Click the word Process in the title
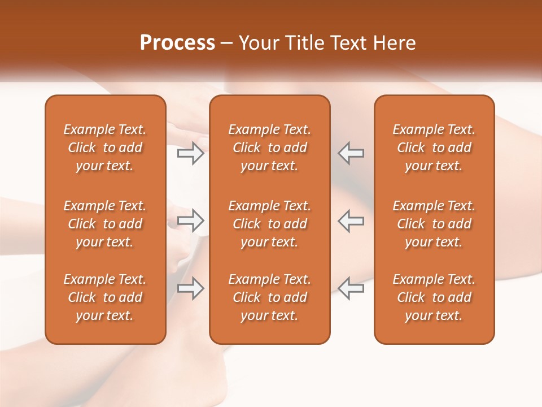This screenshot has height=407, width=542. point(177,43)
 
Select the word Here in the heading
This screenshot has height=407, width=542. point(394,43)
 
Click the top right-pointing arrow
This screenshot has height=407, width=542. point(191,153)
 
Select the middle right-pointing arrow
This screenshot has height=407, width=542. point(191,220)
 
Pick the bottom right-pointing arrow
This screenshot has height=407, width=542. point(191,288)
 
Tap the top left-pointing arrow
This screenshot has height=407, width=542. point(351,153)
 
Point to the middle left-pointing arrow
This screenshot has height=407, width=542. point(351,220)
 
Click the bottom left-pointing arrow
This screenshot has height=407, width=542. point(351,288)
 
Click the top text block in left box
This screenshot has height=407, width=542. point(105,148)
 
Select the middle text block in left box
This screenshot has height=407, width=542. point(105,224)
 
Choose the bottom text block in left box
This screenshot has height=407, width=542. point(105,297)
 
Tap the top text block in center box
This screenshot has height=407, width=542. point(270,148)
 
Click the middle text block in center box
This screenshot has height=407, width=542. point(270,224)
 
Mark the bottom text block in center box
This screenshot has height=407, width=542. point(270,297)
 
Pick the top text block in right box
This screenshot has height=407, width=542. point(434,148)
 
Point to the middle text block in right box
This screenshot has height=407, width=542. point(434,224)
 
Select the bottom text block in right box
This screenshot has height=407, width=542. point(434,297)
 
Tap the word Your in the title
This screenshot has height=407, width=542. point(259,43)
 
